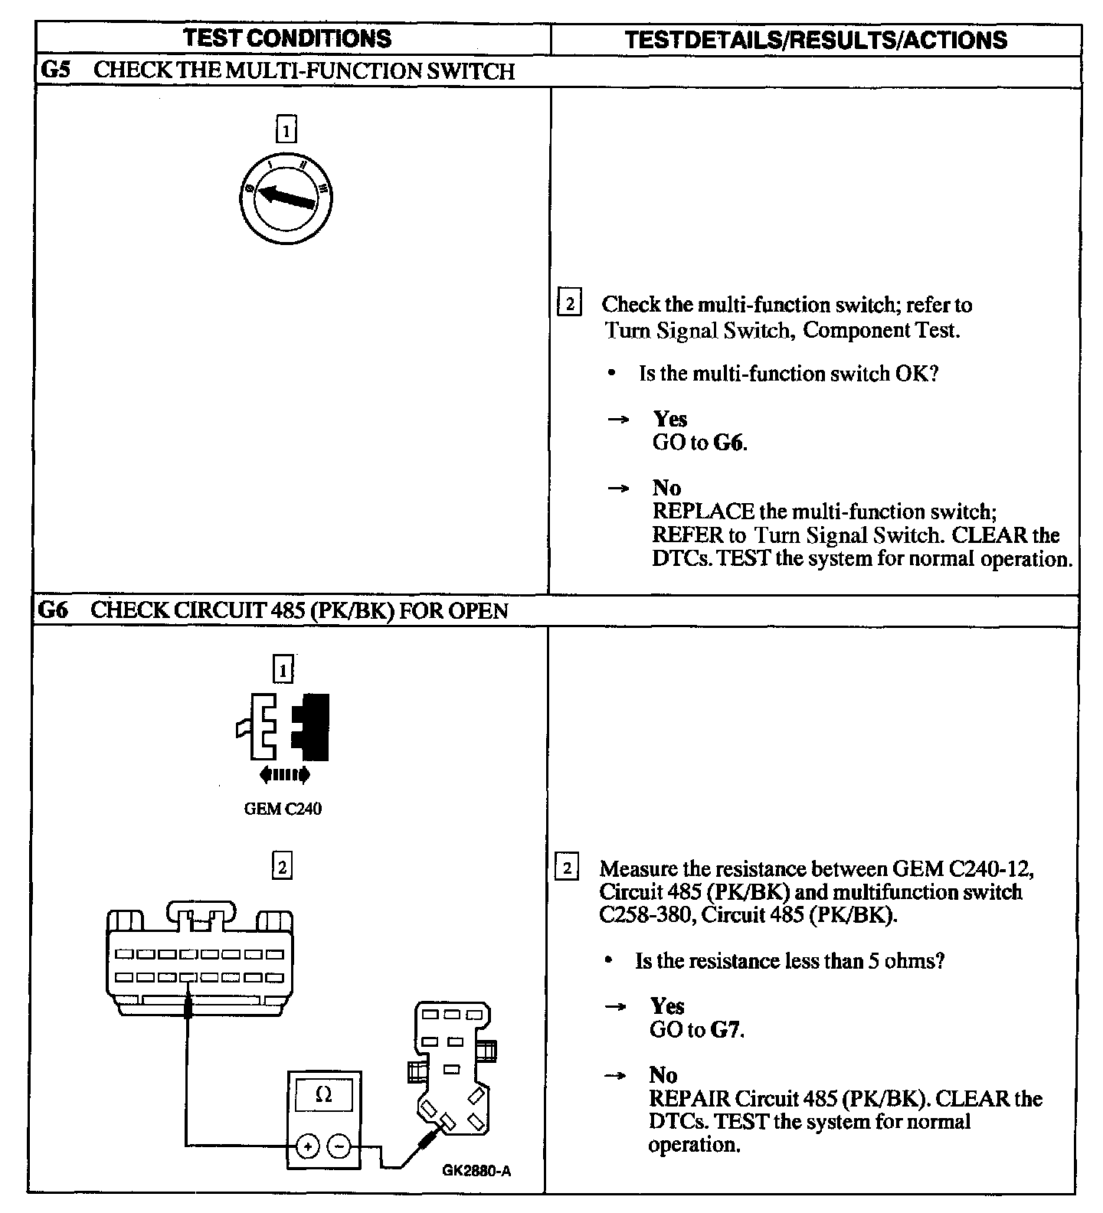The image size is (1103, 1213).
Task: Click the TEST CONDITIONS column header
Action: [x=288, y=38]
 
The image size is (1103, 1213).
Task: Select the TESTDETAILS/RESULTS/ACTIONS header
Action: [x=816, y=40]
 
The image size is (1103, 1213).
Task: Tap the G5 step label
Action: [x=54, y=71]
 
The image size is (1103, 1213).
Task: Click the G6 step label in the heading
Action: [x=54, y=610]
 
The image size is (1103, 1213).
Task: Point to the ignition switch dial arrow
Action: [x=286, y=195]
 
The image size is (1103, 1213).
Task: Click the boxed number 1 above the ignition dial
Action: [x=285, y=130]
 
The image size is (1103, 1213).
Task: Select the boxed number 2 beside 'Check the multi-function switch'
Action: [x=569, y=303]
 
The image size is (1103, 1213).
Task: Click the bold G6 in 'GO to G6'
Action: [x=728, y=443]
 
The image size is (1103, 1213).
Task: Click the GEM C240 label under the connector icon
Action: [x=283, y=809]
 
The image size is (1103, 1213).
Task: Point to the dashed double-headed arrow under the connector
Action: [x=285, y=775]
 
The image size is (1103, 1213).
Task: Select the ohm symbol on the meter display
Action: [x=323, y=1095]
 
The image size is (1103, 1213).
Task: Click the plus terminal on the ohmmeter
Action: [x=307, y=1146]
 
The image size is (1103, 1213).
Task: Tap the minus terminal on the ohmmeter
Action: [x=339, y=1146]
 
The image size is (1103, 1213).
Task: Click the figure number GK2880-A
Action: [x=476, y=1171]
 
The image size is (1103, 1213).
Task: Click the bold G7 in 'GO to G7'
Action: [x=725, y=1029]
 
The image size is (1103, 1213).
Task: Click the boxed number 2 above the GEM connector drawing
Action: [x=282, y=867]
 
